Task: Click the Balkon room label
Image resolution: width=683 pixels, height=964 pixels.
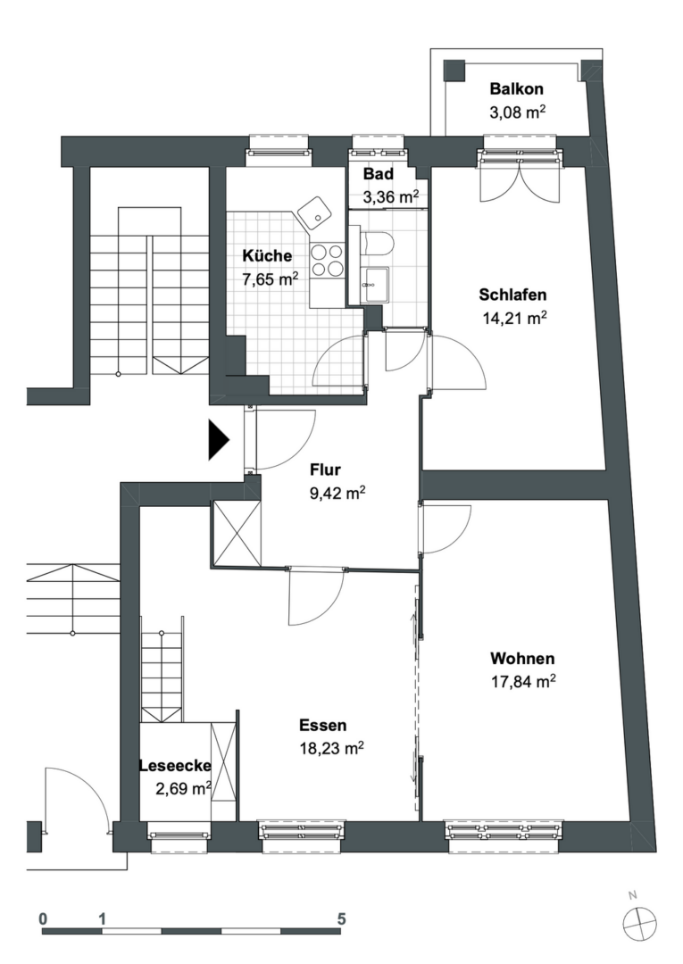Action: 517,89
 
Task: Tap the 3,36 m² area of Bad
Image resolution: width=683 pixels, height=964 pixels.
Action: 390,197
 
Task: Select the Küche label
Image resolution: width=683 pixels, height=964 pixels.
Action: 267,255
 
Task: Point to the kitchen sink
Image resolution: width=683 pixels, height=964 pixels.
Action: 312,213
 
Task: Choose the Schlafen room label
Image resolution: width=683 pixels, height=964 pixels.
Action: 512,295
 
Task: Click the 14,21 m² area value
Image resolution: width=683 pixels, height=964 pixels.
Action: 512,317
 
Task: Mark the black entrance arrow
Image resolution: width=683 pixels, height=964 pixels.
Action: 219,440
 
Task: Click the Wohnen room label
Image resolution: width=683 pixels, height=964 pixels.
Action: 522,659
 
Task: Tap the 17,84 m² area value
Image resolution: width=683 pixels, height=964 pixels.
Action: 523,681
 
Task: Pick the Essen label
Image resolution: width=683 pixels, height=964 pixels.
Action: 323,726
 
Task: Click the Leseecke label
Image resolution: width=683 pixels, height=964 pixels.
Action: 174,765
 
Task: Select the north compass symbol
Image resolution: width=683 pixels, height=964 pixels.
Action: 640,923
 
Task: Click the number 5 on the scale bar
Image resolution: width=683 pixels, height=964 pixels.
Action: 341,918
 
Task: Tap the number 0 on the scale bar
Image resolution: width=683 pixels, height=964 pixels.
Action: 43,918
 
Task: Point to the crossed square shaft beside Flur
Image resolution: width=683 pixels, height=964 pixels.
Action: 237,532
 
